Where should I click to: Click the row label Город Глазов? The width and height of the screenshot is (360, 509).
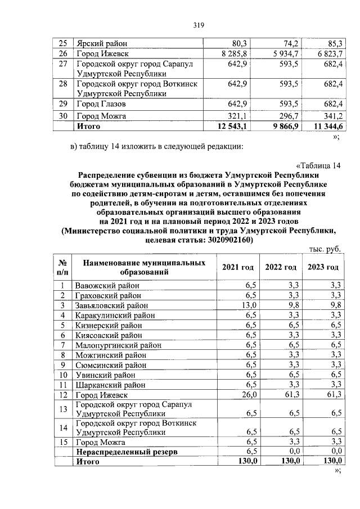(101, 105)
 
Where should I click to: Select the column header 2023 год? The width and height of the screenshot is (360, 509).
(323, 267)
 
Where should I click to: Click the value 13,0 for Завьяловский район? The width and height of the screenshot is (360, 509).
(249, 305)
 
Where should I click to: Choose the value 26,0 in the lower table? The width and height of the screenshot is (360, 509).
(249, 396)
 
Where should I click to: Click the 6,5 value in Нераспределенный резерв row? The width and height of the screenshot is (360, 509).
(251, 452)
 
